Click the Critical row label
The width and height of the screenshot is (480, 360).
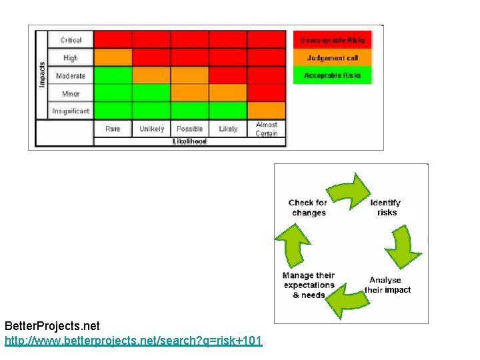click(x=71, y=41)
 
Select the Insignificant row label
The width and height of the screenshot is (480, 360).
click(x=71, y=111)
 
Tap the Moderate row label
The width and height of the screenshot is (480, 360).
click(x=71, y=76)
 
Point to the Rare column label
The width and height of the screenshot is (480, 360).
click(x=113, y=129)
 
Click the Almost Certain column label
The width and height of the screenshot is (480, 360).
click(x=267, y=129)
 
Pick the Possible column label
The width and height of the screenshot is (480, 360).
click(x=190, y=129)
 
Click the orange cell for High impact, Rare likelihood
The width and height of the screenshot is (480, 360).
click(x=113, y=58)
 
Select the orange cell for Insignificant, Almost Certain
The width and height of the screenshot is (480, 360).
click(x=267, y=111)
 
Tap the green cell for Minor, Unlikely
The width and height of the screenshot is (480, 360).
click(x=151, y=93)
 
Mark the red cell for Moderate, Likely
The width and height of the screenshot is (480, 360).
click(x=228, y=75)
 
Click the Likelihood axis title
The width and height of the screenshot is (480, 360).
click(x=190, y=141)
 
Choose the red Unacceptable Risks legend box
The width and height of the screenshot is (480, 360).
click(x=333, y=40)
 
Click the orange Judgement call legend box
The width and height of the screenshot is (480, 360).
click(x=333, y=58)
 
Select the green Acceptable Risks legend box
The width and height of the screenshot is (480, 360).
click(x=333, y=75)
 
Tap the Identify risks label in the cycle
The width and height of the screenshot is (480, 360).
click(x=385, y=207)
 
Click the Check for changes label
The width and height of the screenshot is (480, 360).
click(x=308, y=207)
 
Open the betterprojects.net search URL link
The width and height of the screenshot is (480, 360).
click(x=133, y=341)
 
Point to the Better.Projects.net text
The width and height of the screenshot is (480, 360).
click(x=52, y=327)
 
